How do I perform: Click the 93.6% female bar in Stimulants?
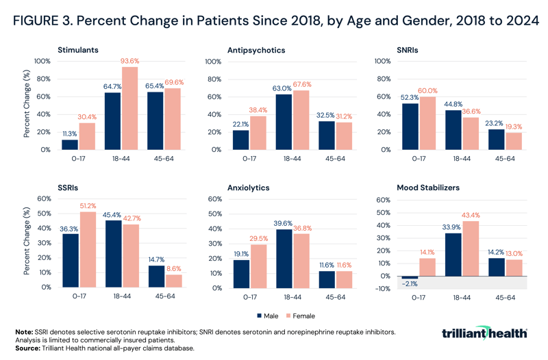pyautogui.click(x=129, y=108)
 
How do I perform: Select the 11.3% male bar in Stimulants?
pyautogui.click(x=69, y=144)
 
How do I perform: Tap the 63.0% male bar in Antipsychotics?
pyautogui.click(x=282, y=122)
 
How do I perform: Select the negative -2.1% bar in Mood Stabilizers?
pyautogui.click(x=409, y=277)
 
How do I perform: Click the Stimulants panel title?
pyautogui.click(x=78, y=50)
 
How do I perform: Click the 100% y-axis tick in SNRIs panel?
pyautogui.click(x=382, y=62)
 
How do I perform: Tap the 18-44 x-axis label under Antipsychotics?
pyautogui.click(x=290, y=158)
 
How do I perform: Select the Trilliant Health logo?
pyautogui.click(x=484, y=333)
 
